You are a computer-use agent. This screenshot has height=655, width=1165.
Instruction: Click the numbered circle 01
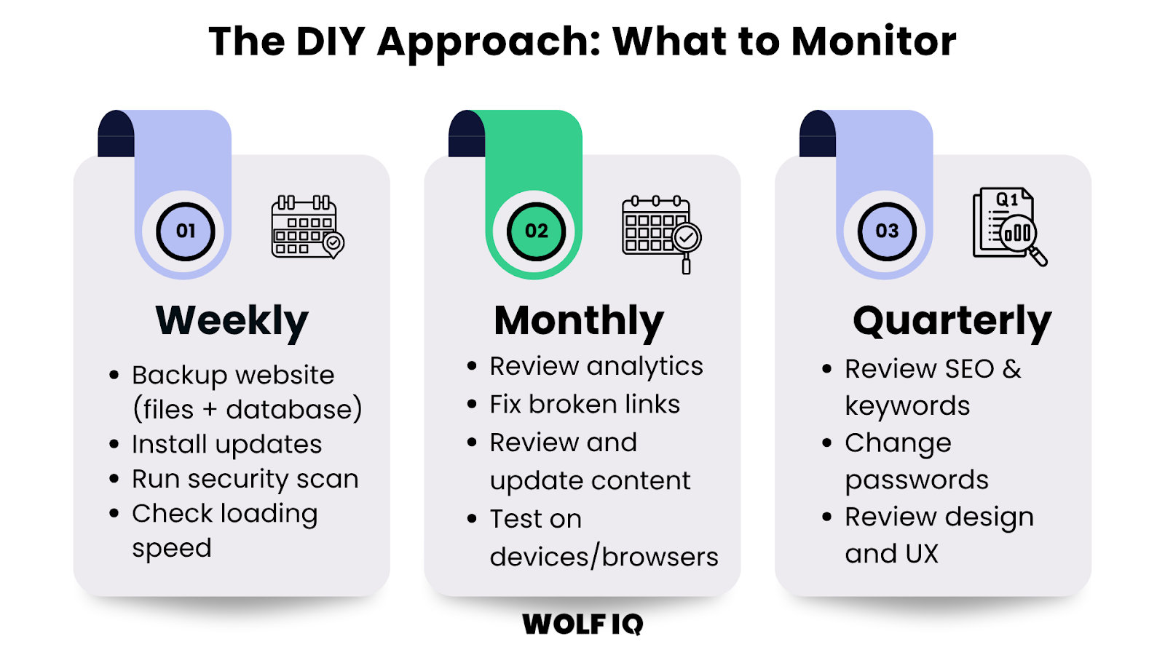(186, 231)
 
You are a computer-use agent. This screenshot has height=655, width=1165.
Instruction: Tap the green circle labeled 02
(537, 231)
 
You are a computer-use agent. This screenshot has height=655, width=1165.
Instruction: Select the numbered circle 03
(887, 231)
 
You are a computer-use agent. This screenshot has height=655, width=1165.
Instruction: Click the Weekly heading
(232, 321)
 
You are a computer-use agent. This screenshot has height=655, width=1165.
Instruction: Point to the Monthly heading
(579, 321)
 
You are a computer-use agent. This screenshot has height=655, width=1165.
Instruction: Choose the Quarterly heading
(952, 321)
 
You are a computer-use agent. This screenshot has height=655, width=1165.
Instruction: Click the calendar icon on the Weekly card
(307, 226)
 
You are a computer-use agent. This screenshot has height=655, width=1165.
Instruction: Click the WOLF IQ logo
(582, 624)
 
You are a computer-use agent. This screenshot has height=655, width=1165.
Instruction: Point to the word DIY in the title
(330, 41)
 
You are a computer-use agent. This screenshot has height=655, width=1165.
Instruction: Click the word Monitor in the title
(874, 41)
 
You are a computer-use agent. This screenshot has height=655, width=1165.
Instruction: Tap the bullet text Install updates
(226, 444)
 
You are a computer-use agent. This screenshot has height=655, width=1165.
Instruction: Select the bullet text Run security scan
(245, 479)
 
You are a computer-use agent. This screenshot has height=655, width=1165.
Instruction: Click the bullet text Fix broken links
(585, 404)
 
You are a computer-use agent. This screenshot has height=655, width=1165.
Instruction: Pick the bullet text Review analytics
(596, 366)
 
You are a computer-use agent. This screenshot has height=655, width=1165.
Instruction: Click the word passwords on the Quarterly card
(917, 480)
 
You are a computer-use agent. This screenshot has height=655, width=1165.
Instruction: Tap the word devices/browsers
(604, 557)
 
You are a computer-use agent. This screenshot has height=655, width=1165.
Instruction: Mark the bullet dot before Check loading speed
(114, 514)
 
